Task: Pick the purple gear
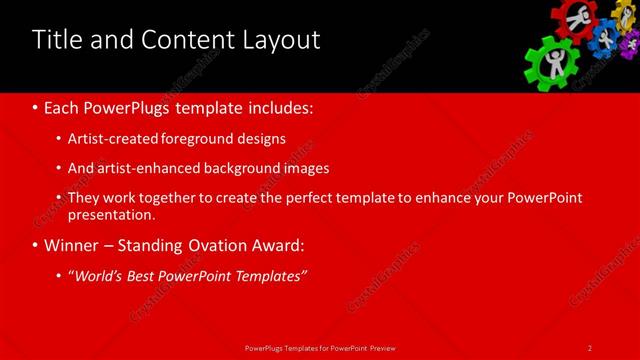point(630,46)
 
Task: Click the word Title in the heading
point(56,40)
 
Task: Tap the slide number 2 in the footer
point(590,347)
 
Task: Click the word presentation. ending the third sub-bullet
point(112,214)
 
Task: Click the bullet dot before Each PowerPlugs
point(35,106)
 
